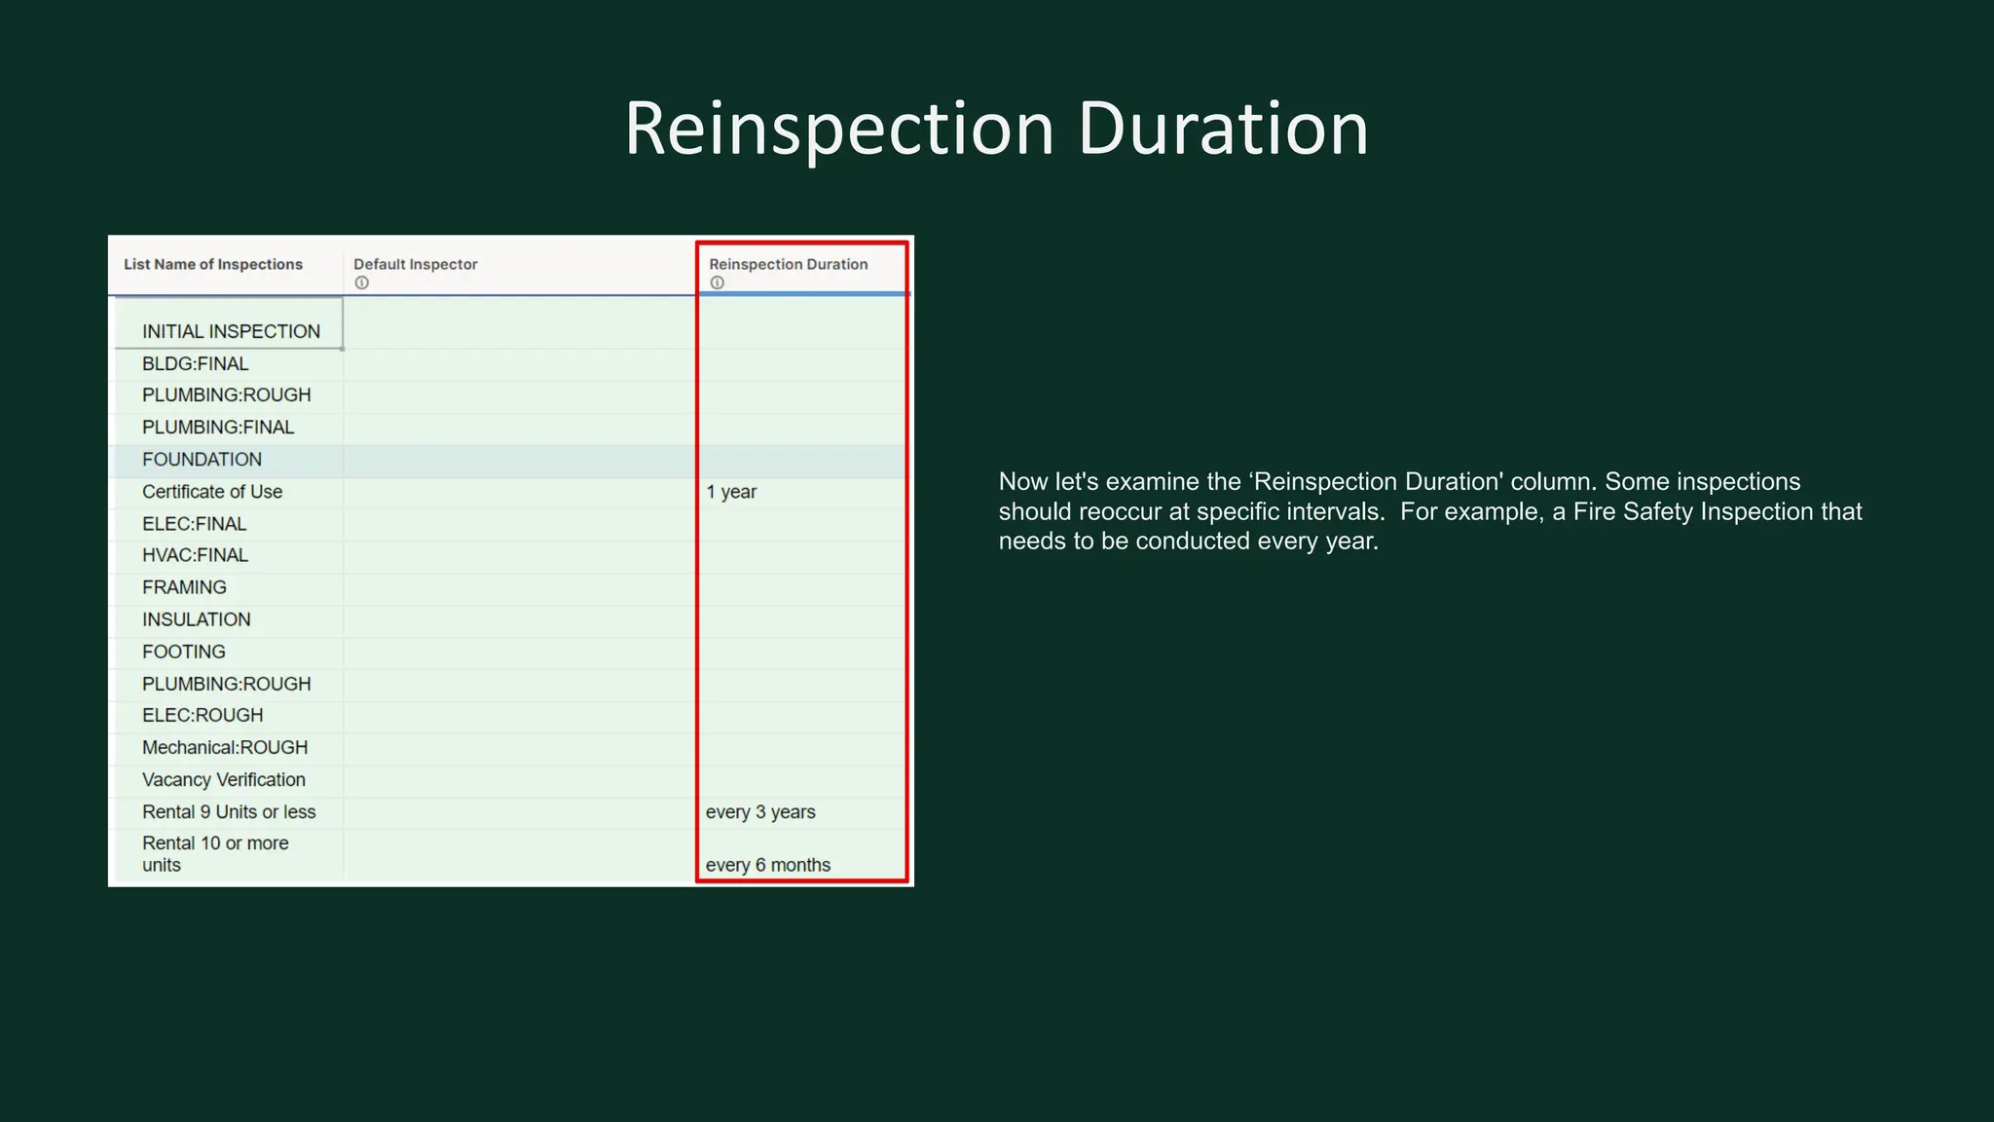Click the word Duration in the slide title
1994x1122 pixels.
click(x=1223, y=129)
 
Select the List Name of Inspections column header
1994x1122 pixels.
click(x=213, y=264)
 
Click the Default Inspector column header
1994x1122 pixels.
click(x=416, y=264)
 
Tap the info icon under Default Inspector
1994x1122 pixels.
click(x=362, y=282)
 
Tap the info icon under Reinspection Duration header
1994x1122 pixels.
click(x=718, y=282)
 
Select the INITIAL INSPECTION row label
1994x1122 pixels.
click(x=231, y=331)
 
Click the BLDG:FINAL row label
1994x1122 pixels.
click(x=196, y=363)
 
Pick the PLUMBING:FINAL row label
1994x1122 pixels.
click(x=218, y=427)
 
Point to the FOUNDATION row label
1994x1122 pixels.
click(x=202, y=459)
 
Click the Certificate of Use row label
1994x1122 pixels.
click(x=212, y=492)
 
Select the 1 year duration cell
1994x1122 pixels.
click(x=731, y=492)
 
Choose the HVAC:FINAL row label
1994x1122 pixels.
click(x=195, y=555)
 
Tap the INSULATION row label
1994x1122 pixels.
click(x=197, y=619)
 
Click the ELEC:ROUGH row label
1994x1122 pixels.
click(x=203, y=715)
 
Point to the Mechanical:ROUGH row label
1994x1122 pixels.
click(x=225, y=747)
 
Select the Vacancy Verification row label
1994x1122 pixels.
click(x=224, y=779)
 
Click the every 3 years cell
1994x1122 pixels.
click(x=760, y=812)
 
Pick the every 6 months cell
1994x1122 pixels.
click(x=768, y=865)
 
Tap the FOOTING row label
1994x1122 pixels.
click(x=184, y=652)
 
